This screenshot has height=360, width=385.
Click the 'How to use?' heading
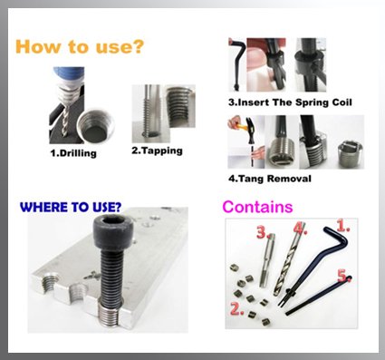click(80, 46)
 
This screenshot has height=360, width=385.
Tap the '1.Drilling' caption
click(73, 153)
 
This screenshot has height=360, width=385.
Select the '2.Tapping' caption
click(157, 151)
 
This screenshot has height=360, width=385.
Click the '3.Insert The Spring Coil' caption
click(290, 102)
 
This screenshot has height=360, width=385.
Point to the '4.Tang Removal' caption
click(270, 179)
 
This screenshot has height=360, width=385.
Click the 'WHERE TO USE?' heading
click(71, 207)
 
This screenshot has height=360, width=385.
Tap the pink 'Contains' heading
click(257, 207)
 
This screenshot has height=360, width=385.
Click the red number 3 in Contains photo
click(262, 232)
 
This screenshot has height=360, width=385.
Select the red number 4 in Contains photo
click(300, 229)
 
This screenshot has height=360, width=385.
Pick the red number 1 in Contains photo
click(343, 226)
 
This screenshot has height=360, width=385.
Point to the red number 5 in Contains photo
click(343, 276)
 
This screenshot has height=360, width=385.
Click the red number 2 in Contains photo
click(237, 309)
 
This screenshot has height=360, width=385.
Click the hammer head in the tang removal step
click(251, 124)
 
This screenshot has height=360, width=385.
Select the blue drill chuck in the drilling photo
click(68, 75)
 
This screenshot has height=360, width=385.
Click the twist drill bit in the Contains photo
click(289, 259)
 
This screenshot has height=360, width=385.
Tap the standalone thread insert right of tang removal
click(350, 154)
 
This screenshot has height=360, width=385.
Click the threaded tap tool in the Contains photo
click(267, 260)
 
